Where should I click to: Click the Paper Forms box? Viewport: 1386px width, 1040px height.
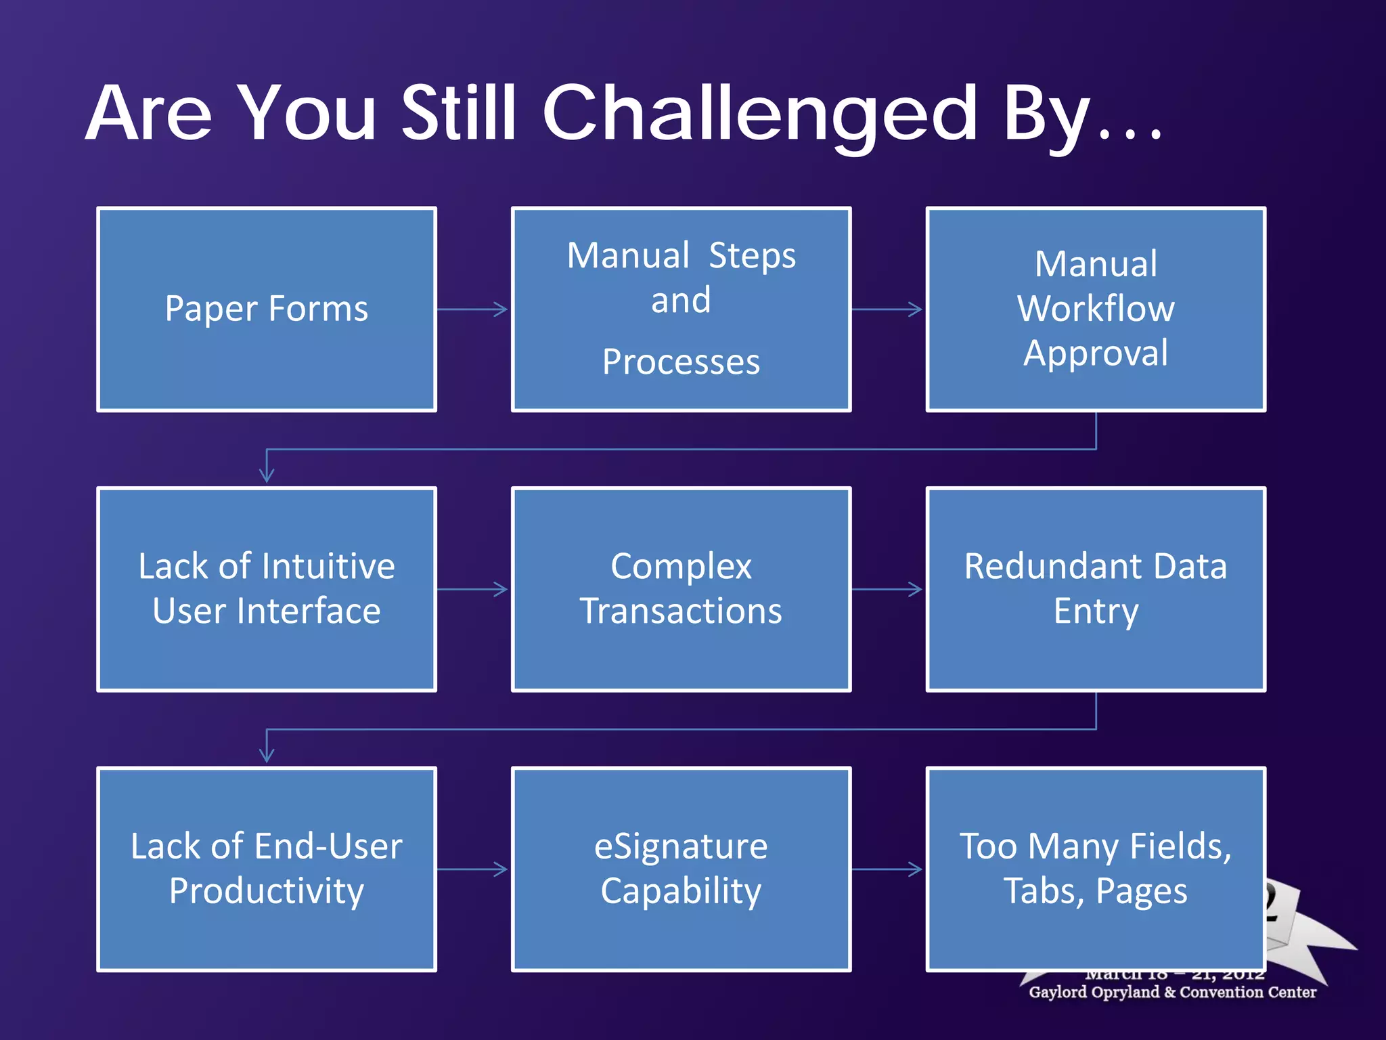[x=267, y=309]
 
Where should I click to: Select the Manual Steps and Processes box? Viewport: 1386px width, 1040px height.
[x=681, y=309]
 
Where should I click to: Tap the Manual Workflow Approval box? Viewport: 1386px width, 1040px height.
[x=1096, y=309]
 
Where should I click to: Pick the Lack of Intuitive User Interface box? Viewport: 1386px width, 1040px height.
[x=267, y=589]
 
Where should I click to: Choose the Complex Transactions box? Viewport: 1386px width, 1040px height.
[x=681, y=589]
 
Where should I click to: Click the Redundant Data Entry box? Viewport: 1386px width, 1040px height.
[x=1096, y=589]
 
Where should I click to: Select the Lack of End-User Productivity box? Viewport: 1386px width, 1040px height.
[x=267, y=869]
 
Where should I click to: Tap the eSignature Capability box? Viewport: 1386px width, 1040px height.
[x=681, y=869]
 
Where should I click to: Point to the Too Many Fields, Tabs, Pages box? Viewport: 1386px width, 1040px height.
[x=1096, y=869]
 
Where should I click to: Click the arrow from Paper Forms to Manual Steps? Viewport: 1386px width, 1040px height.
[x=473, y=309]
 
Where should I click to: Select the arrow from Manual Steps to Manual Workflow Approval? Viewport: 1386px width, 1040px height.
[x=887, y=309]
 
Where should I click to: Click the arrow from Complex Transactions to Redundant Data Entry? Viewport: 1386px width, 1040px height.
[x=887, y=589]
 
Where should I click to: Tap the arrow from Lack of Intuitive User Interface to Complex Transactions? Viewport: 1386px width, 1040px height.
[x=473, y=589]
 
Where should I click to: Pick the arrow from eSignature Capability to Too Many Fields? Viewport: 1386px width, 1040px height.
[x=887, y=869]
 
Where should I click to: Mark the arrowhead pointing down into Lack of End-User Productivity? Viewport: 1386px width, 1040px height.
[x=267, y=755]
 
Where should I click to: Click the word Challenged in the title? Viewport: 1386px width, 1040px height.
[x=759, y=115]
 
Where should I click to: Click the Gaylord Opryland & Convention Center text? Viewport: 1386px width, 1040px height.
[x=1172, y=993]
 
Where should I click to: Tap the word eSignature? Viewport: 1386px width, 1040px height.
[x=681, y=847]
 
